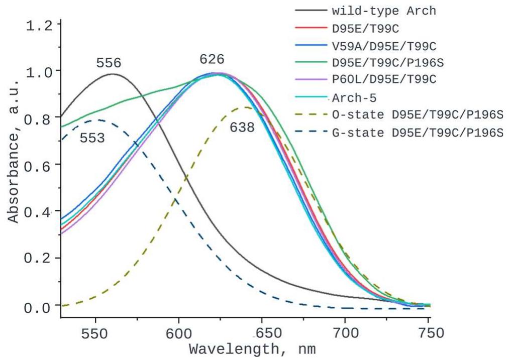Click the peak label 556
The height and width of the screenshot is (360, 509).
pyautogui.click(x=109, y=63)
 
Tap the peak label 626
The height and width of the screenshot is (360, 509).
pyautogui.click(x=212, y=59)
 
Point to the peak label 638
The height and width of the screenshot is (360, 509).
pyautogui.click(x=242, y=128)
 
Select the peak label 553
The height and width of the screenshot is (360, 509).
pyautogui.click(x=92, y=138)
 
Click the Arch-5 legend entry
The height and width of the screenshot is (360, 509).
pyautogui.click(x=354, y=97)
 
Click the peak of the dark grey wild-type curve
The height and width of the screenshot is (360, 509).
pyautogui.click(x=112, y=74)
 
